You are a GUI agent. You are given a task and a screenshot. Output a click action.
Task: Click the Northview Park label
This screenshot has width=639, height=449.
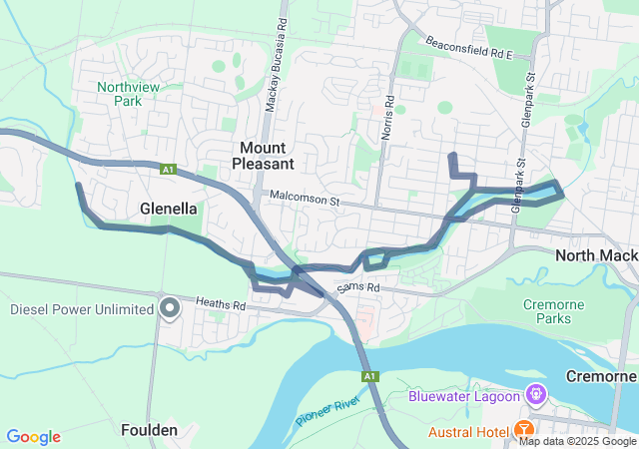point(121,94)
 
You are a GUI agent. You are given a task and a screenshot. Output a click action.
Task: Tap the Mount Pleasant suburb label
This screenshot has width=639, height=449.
point(264,155)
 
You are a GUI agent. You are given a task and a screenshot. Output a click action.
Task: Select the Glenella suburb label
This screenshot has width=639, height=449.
point(169,208)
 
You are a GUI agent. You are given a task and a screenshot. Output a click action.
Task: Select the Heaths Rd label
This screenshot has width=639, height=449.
point(220,302)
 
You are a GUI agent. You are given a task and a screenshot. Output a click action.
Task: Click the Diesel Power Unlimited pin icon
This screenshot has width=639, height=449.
point(170,307)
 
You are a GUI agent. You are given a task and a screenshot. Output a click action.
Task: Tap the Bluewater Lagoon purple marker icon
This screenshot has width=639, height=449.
point(536,395)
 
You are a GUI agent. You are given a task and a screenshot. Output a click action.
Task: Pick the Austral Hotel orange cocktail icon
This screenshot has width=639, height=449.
point(522,431)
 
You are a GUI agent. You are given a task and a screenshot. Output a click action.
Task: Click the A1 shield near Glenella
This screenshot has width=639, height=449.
point(168,171)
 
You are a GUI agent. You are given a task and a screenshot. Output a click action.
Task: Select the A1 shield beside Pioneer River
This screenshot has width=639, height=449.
point(369,376)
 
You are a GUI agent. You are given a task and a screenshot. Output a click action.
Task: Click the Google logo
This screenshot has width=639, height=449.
point(33,437)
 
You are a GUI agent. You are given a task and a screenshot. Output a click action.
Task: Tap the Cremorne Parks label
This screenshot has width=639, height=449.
point(547,311)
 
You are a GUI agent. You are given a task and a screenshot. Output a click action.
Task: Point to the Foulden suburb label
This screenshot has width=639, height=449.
point(149,431)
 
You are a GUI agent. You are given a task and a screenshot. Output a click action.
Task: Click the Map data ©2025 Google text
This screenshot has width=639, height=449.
point(577,442)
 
